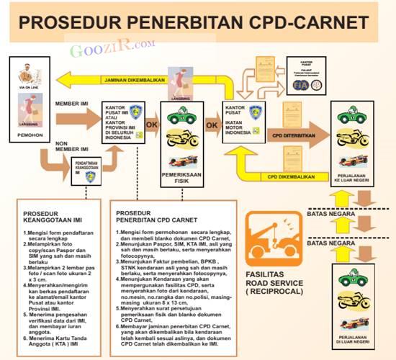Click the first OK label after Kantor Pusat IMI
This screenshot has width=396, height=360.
coord(152,125)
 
